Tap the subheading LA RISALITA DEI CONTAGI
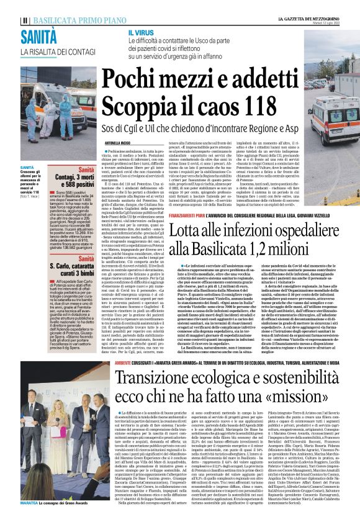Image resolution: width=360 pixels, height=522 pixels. [x=56, y=52]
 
